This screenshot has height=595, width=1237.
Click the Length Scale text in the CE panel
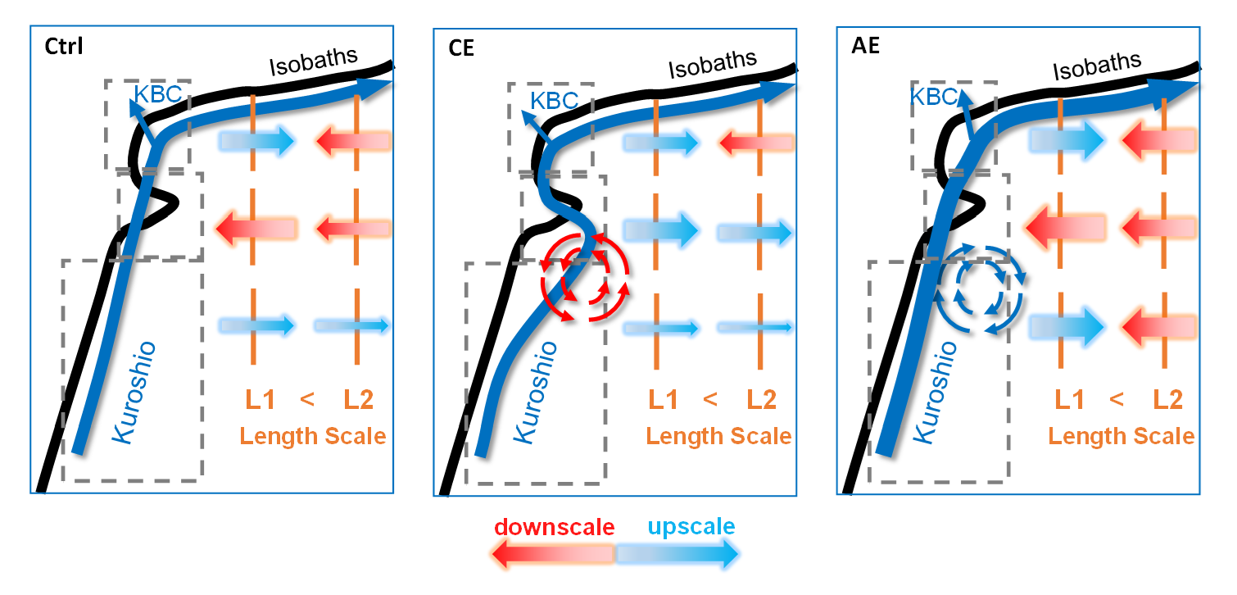[x=718, y=436]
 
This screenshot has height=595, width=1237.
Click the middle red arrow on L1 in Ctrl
[x=254, y=227]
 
